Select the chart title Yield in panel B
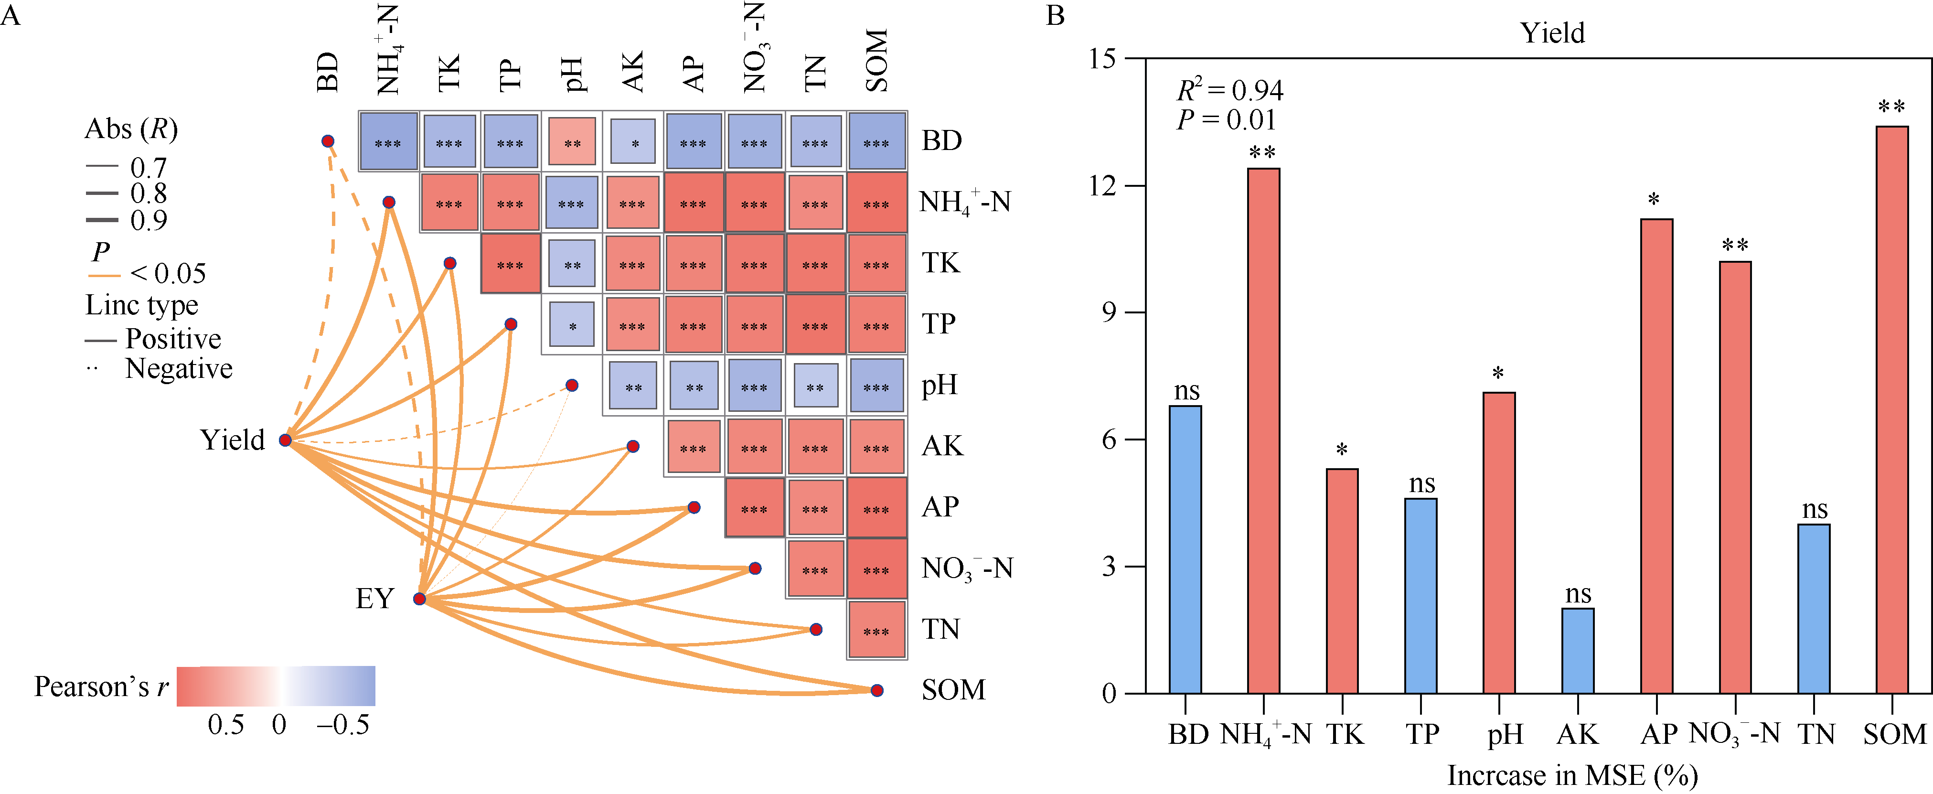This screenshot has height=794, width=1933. [x=1552, y=33]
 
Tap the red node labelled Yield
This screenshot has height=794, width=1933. [x=285, y=440]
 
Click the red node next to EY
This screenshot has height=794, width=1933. [x=419, y=599]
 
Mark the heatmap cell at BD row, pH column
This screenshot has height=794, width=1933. [x=572, y=142]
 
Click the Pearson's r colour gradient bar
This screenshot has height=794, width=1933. [x=276, y=686]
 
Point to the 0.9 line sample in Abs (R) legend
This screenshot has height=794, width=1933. [x=102, y=220]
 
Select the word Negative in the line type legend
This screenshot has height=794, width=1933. [x=179, y=368]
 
